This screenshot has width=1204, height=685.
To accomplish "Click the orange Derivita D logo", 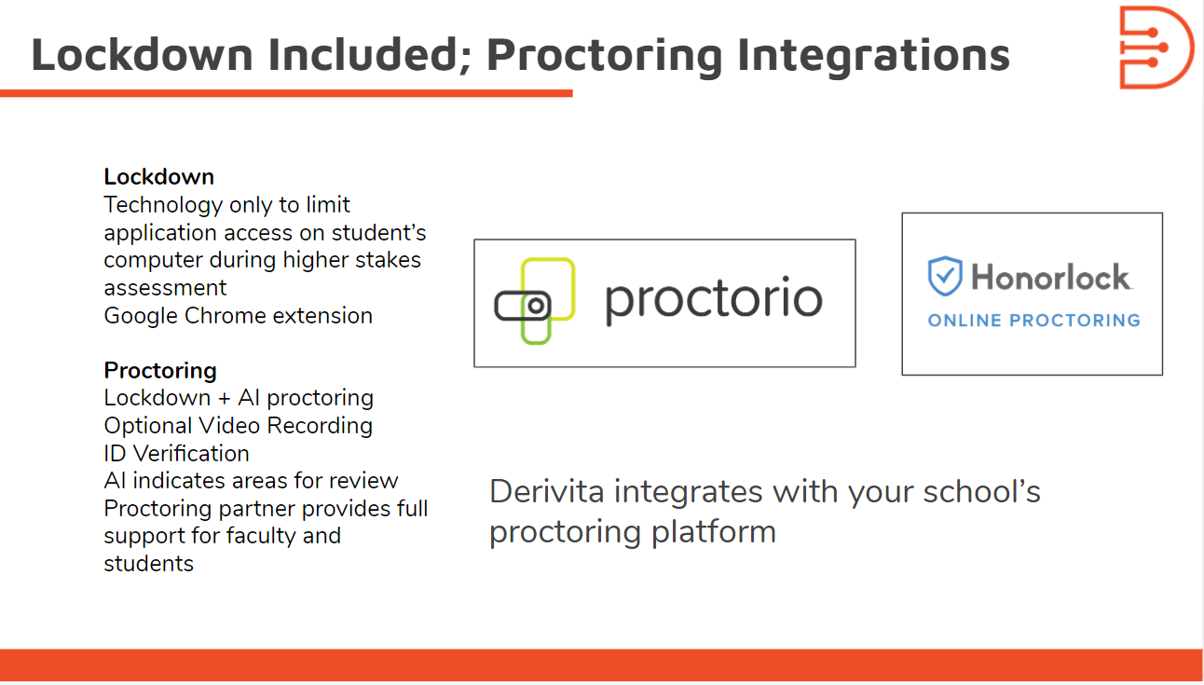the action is pyautogui.click(x=1156, y=47).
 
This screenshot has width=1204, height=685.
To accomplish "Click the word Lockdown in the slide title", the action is pyautogui.click(x=142, y=54).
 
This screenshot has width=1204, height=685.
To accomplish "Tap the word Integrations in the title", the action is pyautogui.click(x=873, y=57).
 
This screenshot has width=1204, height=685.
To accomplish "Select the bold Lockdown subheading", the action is pyautogui.click(x=159, y=177).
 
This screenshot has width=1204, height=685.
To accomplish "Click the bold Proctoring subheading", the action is pyautogui.click(x=160, y=372).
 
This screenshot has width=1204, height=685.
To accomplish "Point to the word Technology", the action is pyautogui.click(x=163, y=206).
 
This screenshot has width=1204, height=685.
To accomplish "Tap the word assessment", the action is pyautogui.click(x=165, y=288).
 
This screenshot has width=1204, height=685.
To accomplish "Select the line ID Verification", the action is pyautogui.click(x=176, y=453).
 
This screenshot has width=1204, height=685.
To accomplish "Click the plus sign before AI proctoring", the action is pyautogui.click(x=225, y=399).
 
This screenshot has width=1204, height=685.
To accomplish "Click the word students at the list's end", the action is pyautogui.click(x=148, y=564).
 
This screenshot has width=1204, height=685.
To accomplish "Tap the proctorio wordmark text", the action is pyautogui.click(x=714, y=300).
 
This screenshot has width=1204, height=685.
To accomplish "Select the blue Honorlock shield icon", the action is pyautogui.click(x=945, y=276).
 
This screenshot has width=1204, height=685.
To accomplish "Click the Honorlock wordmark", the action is pyautogui.click(x=1051, y=277).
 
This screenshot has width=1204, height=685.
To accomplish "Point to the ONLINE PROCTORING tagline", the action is pyautogui.click(x=1034, y=321).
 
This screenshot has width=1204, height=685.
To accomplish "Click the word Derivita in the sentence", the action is pyautogui.click(x=547, y=491).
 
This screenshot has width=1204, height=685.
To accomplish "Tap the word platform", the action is pyautogui.click(x=714, y=532).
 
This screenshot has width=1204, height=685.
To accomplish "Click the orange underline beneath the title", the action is pyautogui.click(x=286, y=93).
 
